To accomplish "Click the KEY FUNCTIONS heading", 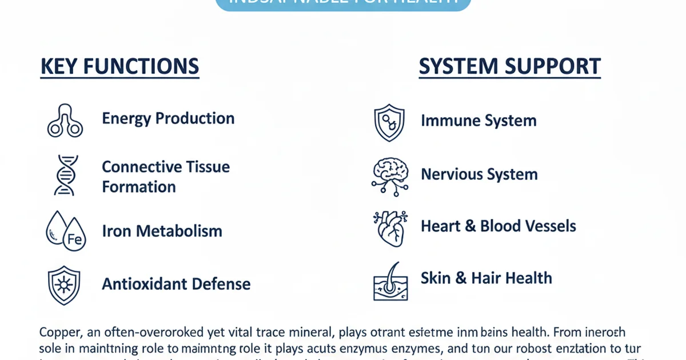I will coord(119,66).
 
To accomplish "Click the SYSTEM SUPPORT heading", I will coord(509,66).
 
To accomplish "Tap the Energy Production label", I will coord(168,118).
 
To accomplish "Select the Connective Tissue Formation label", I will coord(166,177).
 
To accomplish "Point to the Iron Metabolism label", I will coord(162,231).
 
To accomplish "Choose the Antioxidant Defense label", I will coord(176,283).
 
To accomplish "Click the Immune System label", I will coord(478,121).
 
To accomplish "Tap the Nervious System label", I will coord(479,174).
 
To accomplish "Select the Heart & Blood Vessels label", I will coord(498,226).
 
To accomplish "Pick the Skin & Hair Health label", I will coord(486,278).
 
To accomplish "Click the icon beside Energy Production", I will coord(65,121).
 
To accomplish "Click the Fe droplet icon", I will coord(65,231).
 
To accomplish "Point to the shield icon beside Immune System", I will coord(389,122).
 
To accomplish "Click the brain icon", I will coord(390,175).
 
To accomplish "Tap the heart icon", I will coord(390,227).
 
